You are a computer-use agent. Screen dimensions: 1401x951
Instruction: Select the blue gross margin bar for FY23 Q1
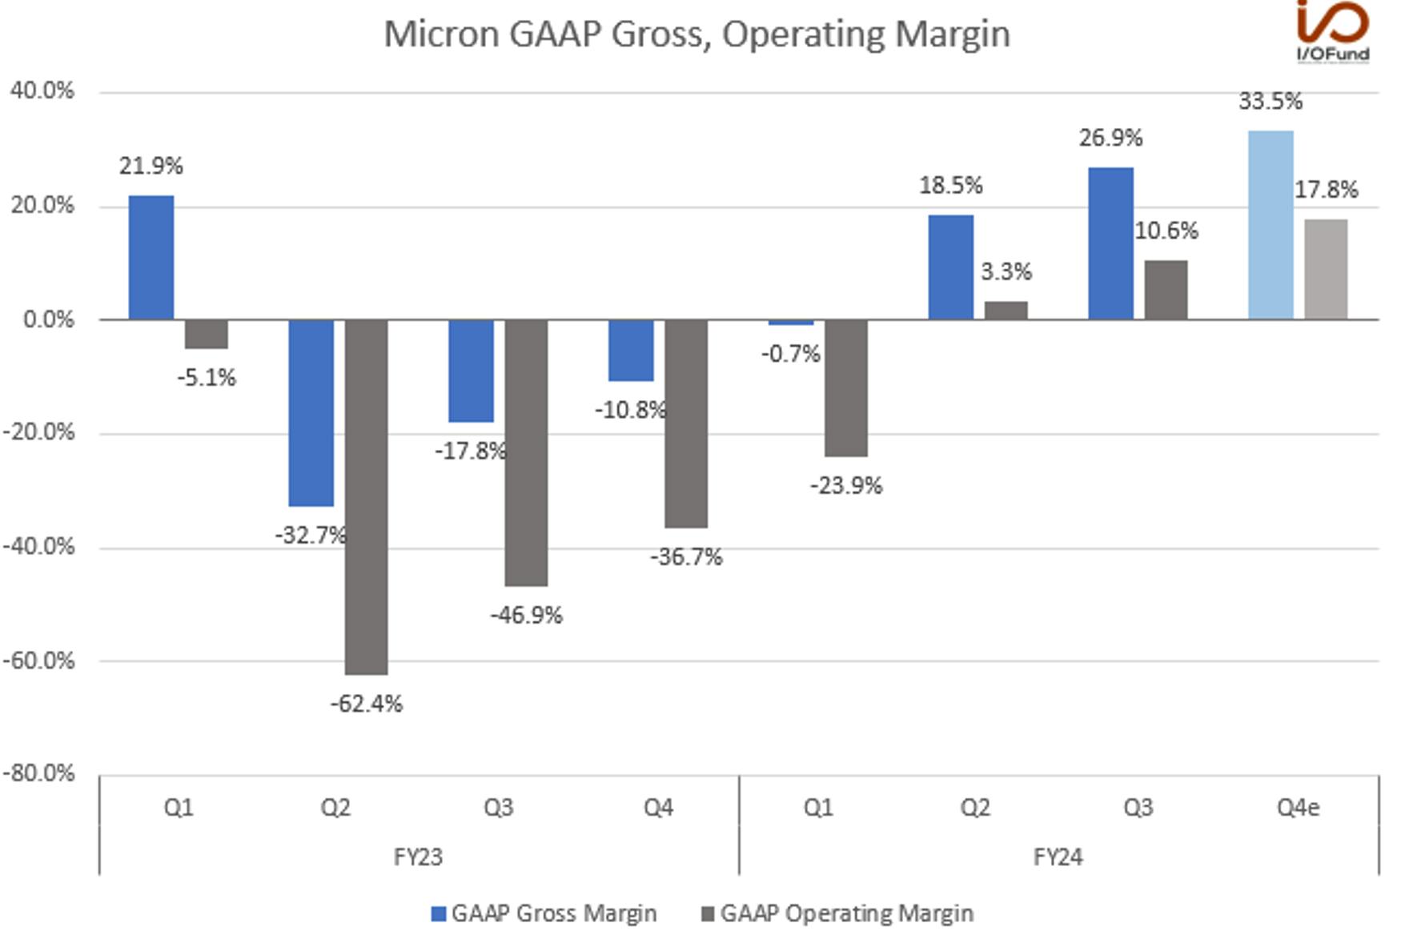tap(151, 257)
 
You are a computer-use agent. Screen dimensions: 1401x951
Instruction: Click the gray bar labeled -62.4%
tap(366, 496)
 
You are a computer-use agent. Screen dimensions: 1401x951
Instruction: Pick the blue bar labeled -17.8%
tap(471, 371)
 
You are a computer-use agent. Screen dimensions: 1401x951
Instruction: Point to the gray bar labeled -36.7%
tap(686, 423)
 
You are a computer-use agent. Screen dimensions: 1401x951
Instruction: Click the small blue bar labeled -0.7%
tap(791, 322)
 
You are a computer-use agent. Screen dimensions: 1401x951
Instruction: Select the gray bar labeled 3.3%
tap(1006, 311)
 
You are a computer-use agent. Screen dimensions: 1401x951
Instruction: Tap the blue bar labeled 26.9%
tap(1110, 243)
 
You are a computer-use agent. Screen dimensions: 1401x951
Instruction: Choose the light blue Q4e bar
tap(1271, 225)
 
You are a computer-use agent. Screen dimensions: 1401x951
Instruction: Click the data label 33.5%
tap(1271, 101)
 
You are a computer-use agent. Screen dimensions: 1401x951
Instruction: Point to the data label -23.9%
tap(846, 485)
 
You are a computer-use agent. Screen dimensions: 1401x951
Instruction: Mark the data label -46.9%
tap(526, 615)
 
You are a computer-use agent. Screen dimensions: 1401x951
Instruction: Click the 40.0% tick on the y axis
tap(42, 90)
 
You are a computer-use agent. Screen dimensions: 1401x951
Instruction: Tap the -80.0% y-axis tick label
tap(38, 773)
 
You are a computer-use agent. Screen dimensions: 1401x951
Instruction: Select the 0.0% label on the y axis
tap(48, 319)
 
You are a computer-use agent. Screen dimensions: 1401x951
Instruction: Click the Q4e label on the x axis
tap(1298, 807)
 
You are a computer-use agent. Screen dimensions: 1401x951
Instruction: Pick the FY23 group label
tap(418, 857)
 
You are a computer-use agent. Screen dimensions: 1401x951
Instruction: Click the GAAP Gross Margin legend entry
tap(544, 913)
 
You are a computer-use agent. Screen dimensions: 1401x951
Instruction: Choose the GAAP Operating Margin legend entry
tap(837, 913)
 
